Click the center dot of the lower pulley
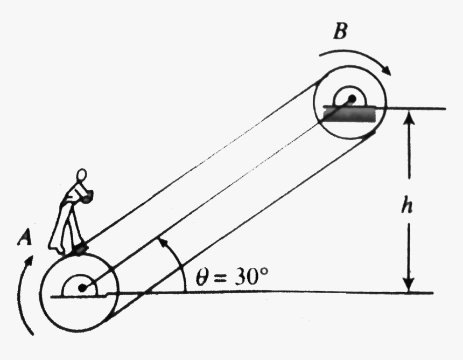tap(82, 288)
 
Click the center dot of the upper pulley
tap(352, 99)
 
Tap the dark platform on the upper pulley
tap(348, 114)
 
